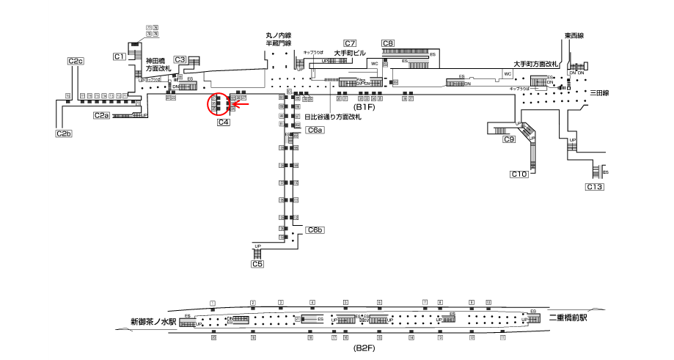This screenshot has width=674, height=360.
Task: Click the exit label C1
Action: tap(119, 56)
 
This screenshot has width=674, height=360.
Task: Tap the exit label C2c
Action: tap(75, 61)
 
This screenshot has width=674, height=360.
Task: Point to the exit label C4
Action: tap(224, 122)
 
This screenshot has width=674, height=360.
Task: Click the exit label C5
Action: tap(257, 264)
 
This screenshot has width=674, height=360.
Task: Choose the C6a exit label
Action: tap(315, 130)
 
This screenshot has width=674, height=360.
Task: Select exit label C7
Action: tap(350, 43)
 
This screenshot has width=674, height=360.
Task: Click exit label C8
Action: tap(388, 43)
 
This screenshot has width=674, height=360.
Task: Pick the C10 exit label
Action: tap(519, 174)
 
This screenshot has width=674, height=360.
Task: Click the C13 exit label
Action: tap(594, 188)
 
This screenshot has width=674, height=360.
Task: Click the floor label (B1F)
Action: tap(365, 127)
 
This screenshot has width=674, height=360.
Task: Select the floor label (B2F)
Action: tap(365, 347)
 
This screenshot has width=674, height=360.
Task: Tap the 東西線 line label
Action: tap(574, 36)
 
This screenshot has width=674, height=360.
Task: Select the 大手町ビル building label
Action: tap(349, 53)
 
